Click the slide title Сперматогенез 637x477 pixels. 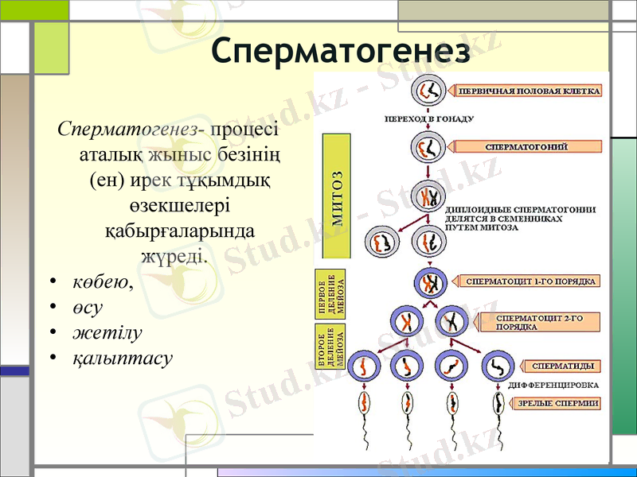tap(341, 49)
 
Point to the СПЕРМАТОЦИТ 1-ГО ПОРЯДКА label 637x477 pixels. tap(531, 281)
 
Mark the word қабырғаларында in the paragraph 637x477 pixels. tap(180, 231)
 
